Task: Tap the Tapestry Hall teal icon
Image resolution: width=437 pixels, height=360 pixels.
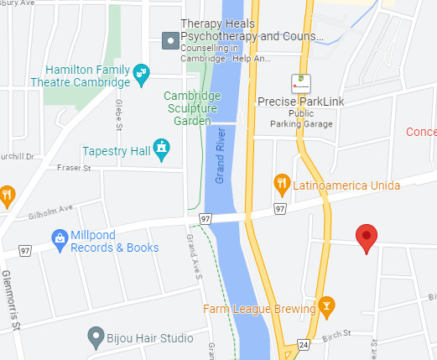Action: (163, 150)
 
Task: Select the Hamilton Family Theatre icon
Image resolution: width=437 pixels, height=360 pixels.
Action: (142, 73)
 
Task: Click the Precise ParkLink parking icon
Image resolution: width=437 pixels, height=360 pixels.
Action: (299, 83)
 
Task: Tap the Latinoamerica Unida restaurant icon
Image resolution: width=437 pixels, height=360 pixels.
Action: (283, 182)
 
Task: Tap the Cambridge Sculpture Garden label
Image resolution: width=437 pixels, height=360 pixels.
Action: (192, 108)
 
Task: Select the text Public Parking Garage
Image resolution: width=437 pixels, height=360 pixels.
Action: (301, 117)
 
